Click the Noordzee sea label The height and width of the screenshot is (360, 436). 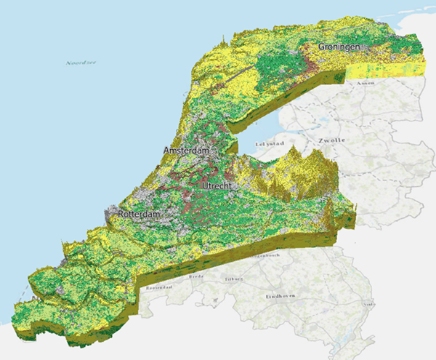pyautogui.click(x=81, y=63)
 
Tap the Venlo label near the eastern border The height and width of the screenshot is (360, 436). pyautogui.click(x=370, y=304)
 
